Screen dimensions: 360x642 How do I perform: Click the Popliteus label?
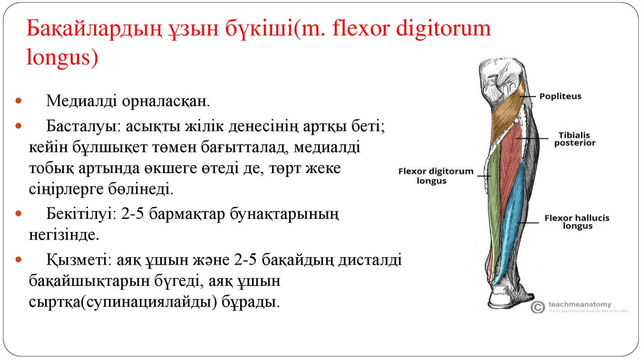tap(560, 96)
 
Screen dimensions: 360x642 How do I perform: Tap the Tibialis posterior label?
tap(574, 139)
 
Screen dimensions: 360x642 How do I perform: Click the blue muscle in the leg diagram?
tap(515, 207)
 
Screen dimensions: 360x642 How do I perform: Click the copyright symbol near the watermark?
tap(537, 307)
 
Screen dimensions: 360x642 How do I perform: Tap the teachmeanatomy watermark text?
tap(579, 304)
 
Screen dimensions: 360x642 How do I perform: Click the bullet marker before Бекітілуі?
tap(19, 214)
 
